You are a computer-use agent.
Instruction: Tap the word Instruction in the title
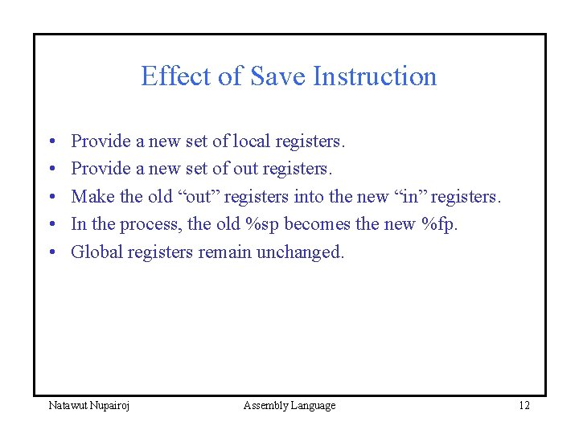pyautogui.click(x=375, y=76)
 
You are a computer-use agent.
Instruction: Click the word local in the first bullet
pyautogui.click(x=252, y=141)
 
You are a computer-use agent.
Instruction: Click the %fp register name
pyautogui.click(x=439, y=224)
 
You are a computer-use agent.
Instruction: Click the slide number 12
pyautogui.click(x=524, y=405)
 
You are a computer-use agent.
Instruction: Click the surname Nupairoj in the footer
pyautogui.click(x=110, y=406)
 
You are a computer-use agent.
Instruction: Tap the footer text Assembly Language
pyautogui.click(x=289, y=406)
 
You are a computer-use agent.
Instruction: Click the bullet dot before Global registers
pyautogui.click(x=51, y=252)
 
